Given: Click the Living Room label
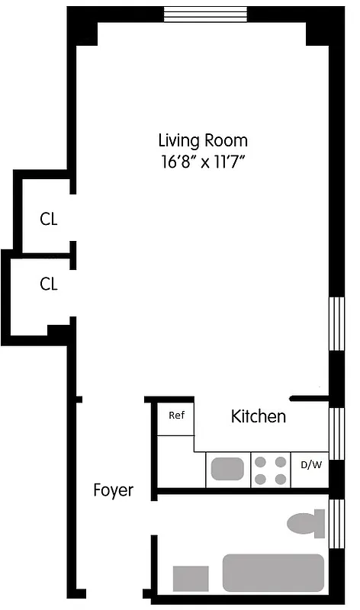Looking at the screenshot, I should click(x=203, y=141).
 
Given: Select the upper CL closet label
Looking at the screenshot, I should click(x=49, y=220).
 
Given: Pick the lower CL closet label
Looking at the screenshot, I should click(x=49, y=284).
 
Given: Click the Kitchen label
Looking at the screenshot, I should click(x=259, y=416).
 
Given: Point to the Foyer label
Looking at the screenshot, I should click(x=113, y=490).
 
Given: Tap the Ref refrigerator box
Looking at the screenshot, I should click(x=176, y=416).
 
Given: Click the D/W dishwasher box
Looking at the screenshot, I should click(x=310, y=464).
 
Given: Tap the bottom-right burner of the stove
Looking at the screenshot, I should click(x=280, y=479).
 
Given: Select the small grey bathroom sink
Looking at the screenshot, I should click(x=191, y=578).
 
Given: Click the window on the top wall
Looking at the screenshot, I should click(x=206, y=14).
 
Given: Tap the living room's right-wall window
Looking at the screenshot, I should click(x=336, y=323).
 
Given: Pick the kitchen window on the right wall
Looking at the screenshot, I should click(x=336, y=432).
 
